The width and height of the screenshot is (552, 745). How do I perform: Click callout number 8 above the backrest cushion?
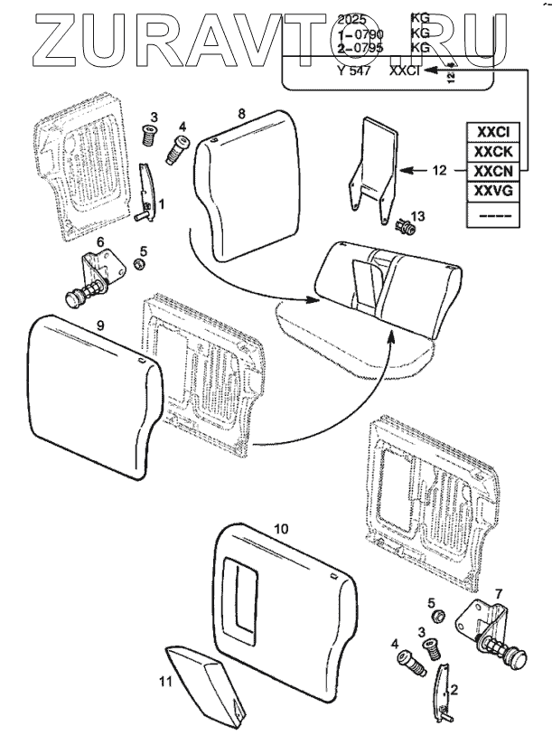coord(241,113)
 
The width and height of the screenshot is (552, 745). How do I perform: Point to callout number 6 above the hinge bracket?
coord(101,240)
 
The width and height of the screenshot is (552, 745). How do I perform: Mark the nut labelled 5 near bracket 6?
coord(141,264)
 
